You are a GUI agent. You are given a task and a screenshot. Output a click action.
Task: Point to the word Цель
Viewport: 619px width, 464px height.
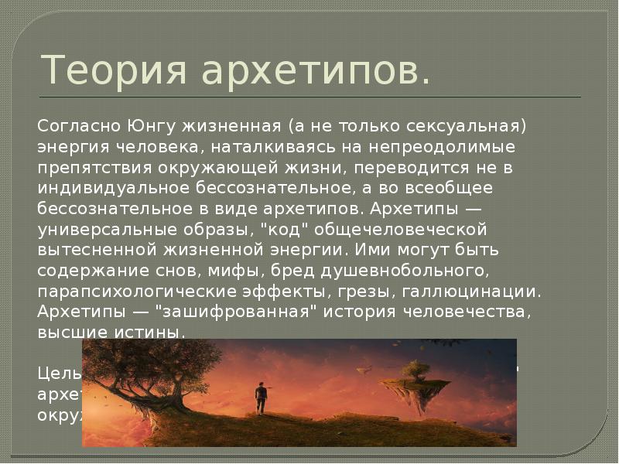[59, 372]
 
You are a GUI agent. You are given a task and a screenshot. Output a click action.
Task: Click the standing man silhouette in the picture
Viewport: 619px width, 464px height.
[262, 396]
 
